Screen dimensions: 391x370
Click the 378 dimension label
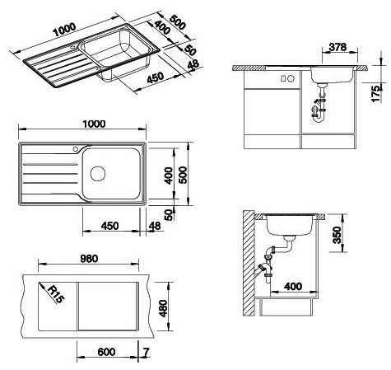click(338, 47)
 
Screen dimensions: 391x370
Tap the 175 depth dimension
click(376, 94)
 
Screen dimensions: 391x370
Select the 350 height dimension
click(337, 235)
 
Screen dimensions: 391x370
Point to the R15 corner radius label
click(56, 294)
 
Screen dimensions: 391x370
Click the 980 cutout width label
click(89, 259)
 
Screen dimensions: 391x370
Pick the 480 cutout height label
click(163, 308)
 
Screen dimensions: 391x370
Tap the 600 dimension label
click(106, 352)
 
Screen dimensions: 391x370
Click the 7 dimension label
click(147, 352)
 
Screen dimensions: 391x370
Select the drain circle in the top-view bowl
click(98, 174)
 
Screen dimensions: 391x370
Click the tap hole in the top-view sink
click(76, 149)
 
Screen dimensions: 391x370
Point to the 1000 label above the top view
click(94, 124)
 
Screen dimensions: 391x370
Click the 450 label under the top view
click(109, 226)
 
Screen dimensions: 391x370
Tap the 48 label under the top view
click(155, 226)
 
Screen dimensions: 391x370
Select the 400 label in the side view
click(293, 287)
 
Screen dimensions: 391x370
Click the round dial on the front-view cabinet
click(291, 78)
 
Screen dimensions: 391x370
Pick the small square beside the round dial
click(283, 78)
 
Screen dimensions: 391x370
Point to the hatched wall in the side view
click(249, 263)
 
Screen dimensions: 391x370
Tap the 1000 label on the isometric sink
click(64, 30)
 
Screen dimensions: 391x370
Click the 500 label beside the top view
click(184, 175)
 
